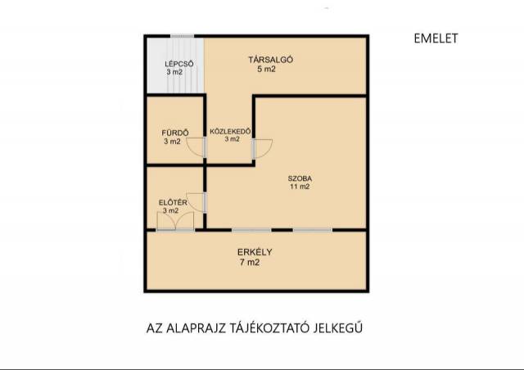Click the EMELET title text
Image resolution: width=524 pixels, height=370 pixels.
[436, 38]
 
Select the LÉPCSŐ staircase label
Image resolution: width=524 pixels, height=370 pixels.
[179, 64]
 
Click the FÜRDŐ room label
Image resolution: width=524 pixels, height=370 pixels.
[175, 133]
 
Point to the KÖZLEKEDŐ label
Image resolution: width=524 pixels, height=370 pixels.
[230, 131]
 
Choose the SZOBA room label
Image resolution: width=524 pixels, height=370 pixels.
[300, 178]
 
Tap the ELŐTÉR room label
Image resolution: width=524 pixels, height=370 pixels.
[173, 202]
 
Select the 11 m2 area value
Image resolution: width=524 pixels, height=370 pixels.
[300, 187]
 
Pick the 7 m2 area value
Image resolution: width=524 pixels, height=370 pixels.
[250, 263]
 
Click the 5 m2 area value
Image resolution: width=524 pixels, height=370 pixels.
[266, 70]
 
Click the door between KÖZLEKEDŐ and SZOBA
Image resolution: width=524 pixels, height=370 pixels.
[262, 149]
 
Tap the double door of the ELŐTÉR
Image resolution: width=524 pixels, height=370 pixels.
[175, 221]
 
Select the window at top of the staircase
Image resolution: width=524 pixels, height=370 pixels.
[182, 36]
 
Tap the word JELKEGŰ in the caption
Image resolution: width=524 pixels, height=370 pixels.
[338, 328]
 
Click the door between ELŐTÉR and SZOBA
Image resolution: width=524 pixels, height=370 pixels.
[196, 202]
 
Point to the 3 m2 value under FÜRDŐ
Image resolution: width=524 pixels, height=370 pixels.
[172, 142]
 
